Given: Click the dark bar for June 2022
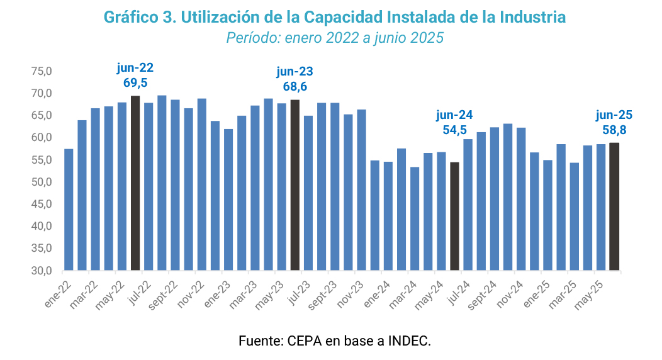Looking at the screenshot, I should (135, 183).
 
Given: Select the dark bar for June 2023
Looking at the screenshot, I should (295, 185).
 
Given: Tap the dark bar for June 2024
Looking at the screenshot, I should (454, 217).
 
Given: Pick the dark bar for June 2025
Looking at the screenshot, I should (614, 207).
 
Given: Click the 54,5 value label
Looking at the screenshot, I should (454, 131).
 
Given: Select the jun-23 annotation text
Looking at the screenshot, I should (295, 71).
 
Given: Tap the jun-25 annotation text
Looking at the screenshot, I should (614, 115).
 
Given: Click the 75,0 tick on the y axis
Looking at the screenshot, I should (42, 72).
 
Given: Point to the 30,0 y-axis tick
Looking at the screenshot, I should (42, 271).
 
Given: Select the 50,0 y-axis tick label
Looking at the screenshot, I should (42, 183).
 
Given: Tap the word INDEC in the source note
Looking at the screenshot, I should (409, 342).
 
